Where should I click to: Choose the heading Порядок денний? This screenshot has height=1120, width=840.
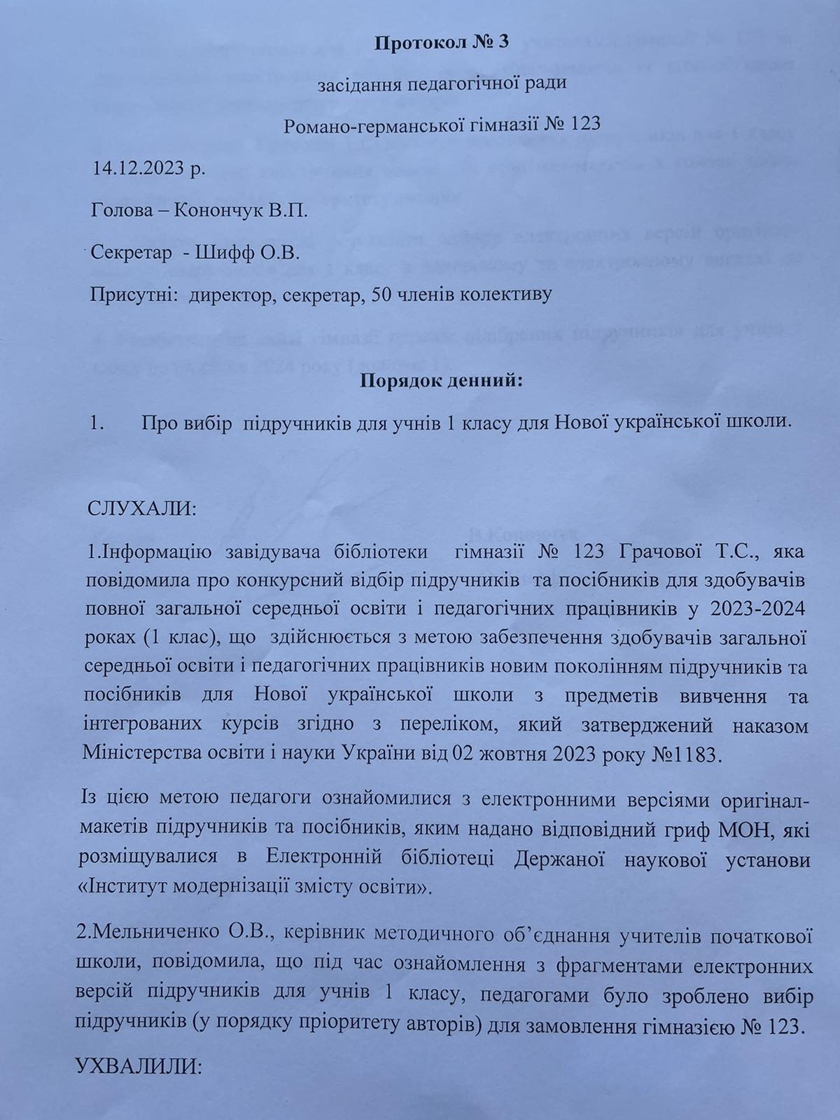[x=442, y=381]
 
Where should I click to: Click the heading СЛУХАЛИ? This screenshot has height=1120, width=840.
[x=142, y=507]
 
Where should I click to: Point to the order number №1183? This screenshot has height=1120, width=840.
[x=687, y=755]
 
